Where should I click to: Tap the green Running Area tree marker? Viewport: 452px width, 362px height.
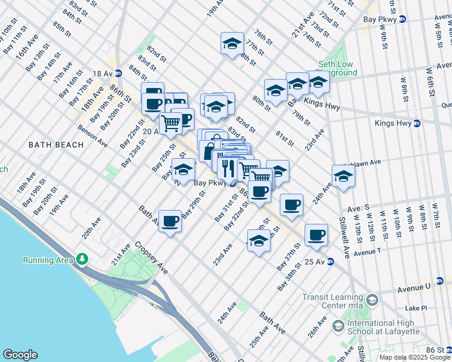[x=82, y=259]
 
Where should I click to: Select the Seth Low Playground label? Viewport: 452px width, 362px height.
[x=338, y=69]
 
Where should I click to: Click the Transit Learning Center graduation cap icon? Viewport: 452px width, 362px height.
[x=372, y=300]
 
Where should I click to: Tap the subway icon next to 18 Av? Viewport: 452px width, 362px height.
[x=118, y=73]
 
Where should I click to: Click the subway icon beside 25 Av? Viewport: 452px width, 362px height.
[x=331, y=262]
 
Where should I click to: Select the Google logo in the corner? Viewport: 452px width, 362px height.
[x=19, y=355]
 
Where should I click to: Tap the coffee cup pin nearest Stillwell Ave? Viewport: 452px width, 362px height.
[x=316, y=235]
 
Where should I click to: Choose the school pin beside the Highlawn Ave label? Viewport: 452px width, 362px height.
[x=343, y=176]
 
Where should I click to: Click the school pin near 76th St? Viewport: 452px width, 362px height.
[x=232, y=43]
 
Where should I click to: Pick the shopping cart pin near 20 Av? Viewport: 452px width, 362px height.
[x=171, y=123]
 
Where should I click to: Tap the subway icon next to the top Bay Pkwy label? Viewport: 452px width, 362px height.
[x=402, y=19]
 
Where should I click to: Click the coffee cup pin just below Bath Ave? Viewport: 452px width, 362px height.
[x=170, y=221]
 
